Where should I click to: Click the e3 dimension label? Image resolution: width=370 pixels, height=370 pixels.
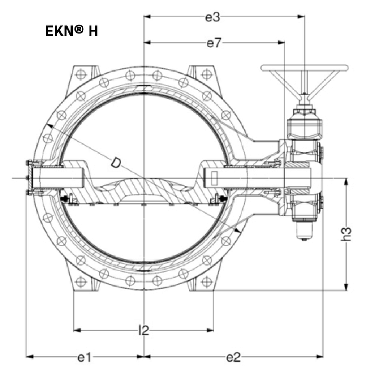[x=212, y=17]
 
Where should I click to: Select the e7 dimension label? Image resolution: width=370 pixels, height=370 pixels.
[x=214, y=43]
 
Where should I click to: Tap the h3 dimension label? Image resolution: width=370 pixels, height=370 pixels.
[x=346, y=234]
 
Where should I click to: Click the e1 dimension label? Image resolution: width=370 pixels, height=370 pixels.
[x=84, y=357]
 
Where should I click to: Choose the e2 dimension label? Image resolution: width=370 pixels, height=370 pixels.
[x=233, y=357]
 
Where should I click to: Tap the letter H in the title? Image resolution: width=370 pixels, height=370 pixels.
[x=93, y=31]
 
